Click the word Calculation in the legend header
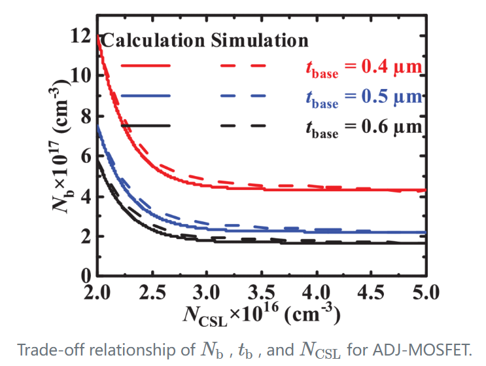[154, 41]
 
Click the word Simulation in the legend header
[260, 41]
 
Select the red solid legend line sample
[145, 65]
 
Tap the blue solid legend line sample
[145, 96]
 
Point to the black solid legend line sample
[145, 125]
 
